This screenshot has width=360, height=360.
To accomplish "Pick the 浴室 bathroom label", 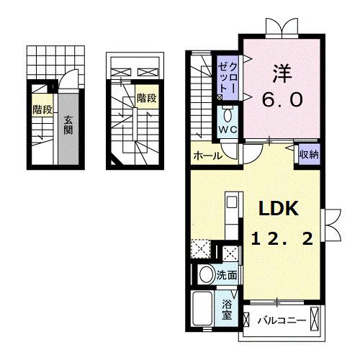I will pos(227,309).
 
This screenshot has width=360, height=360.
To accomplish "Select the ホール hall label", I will pos(207,155).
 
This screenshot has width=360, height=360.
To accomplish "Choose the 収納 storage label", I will pos(309,153).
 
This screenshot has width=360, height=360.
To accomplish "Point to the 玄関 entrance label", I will pos(67,125).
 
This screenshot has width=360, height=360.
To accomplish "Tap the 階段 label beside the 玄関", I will pos(42,109).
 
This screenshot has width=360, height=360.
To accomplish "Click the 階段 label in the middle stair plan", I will pos(146,98).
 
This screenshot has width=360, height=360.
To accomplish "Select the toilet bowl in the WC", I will pos(228,114).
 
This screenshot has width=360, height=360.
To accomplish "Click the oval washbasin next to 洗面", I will pos(204,274).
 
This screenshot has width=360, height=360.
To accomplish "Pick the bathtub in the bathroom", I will pos(202,309).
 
